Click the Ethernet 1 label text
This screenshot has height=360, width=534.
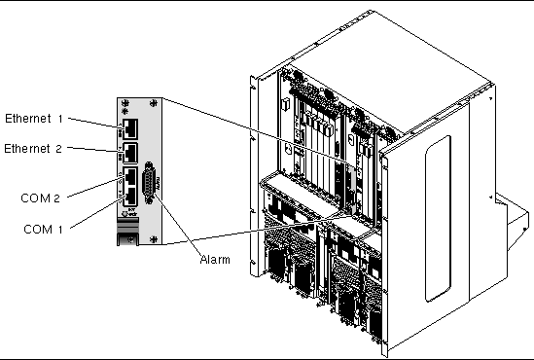[34, 119]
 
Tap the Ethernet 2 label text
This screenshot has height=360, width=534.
[33, 149]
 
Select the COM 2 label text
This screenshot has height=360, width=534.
[40, 198]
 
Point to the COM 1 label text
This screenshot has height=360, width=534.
[43, 230]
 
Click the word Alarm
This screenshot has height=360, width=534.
[215, 260]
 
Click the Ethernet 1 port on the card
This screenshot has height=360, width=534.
[129, 128]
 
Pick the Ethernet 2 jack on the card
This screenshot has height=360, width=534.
[129, 153]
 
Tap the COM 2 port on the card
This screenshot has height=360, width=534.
[130, 176]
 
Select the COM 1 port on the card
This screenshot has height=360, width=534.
[130, 197]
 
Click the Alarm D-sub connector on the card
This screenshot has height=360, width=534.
[149, 183]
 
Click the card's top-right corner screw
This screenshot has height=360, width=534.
[154, 102]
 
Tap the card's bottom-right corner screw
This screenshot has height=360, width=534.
[154, 239]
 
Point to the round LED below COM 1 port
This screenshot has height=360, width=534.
[125, 214]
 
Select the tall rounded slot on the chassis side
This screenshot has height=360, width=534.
[438, 219]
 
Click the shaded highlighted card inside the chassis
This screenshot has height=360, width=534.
[351, 189]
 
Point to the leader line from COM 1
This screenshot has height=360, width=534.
[96, 212]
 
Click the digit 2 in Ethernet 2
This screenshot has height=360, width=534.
[58, 149]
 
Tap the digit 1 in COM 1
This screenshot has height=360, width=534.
[60, 230]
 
